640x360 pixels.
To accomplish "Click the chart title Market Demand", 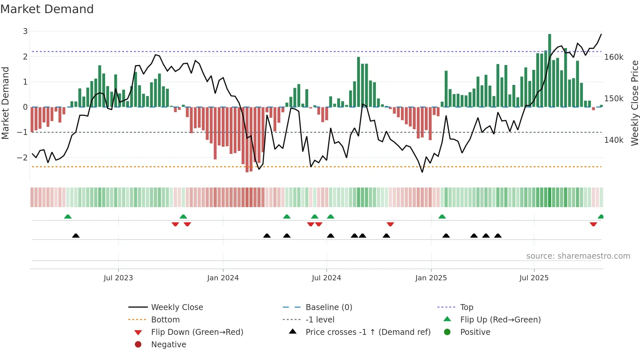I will point(47,9).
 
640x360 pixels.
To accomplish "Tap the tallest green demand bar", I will point(550,70).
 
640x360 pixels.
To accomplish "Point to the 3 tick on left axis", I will point(25,31).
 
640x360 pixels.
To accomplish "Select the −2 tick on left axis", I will point(23,157).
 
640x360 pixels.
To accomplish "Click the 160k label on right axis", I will point(614,57).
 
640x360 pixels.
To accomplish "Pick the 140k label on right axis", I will point(614,140).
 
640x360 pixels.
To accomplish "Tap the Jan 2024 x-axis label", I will point(223,278).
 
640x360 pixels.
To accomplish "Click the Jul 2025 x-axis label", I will point(534,278).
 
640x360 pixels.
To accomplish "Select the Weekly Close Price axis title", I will point(634,103).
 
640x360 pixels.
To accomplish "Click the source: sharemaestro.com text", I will point(578,256).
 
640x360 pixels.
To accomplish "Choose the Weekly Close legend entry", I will point(177,307).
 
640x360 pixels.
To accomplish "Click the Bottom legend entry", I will point(165,320).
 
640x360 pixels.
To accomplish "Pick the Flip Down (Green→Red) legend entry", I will point(197,332).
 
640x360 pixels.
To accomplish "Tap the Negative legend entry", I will point(168,345).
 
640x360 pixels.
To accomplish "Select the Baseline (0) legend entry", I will point(328,307).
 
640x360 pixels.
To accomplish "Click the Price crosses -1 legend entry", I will point(368,332).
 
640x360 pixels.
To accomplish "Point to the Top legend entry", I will point(466,307).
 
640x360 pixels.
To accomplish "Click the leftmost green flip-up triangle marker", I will point(68,217).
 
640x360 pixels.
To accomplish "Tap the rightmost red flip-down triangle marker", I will point(593,224).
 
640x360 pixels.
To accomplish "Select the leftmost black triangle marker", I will point(76,236).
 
